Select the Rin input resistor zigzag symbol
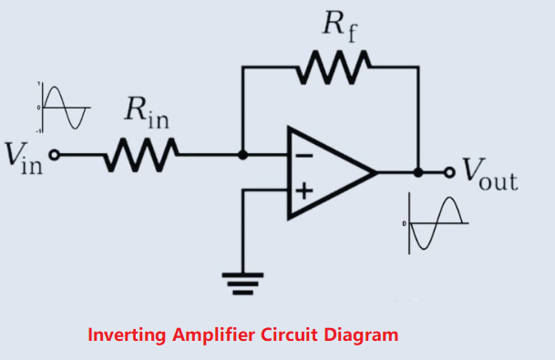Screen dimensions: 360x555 (139, 155)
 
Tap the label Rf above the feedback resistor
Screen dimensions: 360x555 (339, 25)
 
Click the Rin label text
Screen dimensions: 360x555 (143, 114)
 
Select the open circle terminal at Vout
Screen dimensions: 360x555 (447, 171)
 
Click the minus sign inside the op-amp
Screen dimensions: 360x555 (304, 156)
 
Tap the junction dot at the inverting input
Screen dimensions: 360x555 (242, 155)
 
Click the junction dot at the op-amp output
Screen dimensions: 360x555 (418, 171)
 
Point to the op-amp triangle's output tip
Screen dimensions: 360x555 (375, 172)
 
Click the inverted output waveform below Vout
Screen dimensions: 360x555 (437, 223)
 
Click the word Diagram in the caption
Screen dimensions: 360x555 (362, 334)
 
